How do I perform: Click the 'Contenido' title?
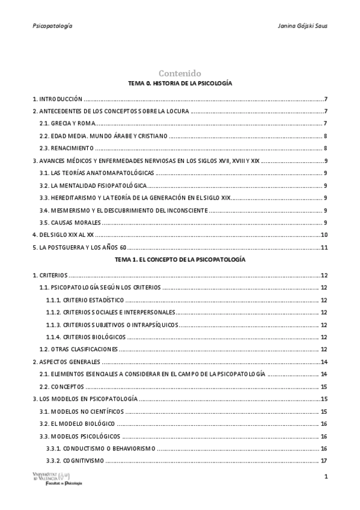coord(180,73)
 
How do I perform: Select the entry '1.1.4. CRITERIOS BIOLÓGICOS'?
coord(86,337)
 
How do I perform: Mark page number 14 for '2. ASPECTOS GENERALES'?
coord(324,361)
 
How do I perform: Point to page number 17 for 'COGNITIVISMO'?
coord(324,461)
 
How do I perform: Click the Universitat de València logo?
coord(56,479)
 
